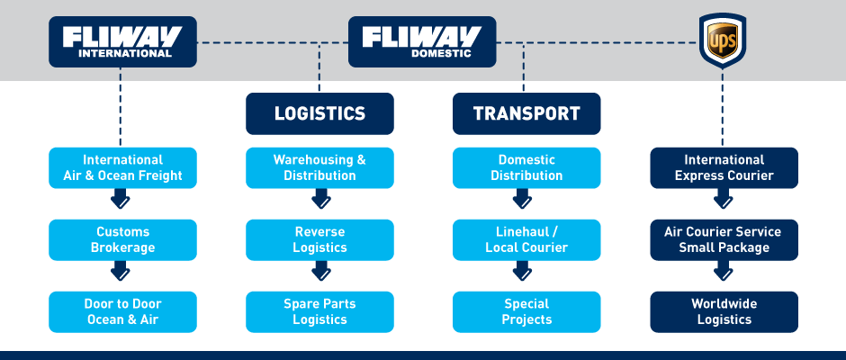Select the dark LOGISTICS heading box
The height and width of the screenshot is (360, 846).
(319, 113)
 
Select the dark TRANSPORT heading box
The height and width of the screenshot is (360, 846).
(526, 113)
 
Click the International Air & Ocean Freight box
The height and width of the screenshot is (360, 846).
(122, 168)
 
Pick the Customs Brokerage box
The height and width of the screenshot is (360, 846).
(122, 239)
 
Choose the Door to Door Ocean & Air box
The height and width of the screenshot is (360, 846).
(122, 311)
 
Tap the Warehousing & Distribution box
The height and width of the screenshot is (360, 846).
(319, 168)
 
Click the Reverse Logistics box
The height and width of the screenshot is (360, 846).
(319, 239)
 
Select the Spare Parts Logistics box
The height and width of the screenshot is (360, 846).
(319, 311)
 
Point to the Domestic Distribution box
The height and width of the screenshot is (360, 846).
(526, 168)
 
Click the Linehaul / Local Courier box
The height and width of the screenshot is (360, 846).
(526, 239)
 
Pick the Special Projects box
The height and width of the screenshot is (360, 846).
(526, 311)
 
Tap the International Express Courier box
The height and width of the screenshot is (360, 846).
(724, 168)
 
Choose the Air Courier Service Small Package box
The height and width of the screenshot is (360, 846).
(724, 239)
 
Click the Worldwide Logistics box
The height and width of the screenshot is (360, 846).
(724, 311)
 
